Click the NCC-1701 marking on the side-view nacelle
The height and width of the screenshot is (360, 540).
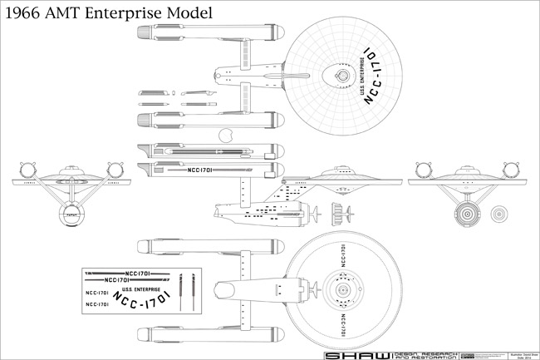pos(202,171)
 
